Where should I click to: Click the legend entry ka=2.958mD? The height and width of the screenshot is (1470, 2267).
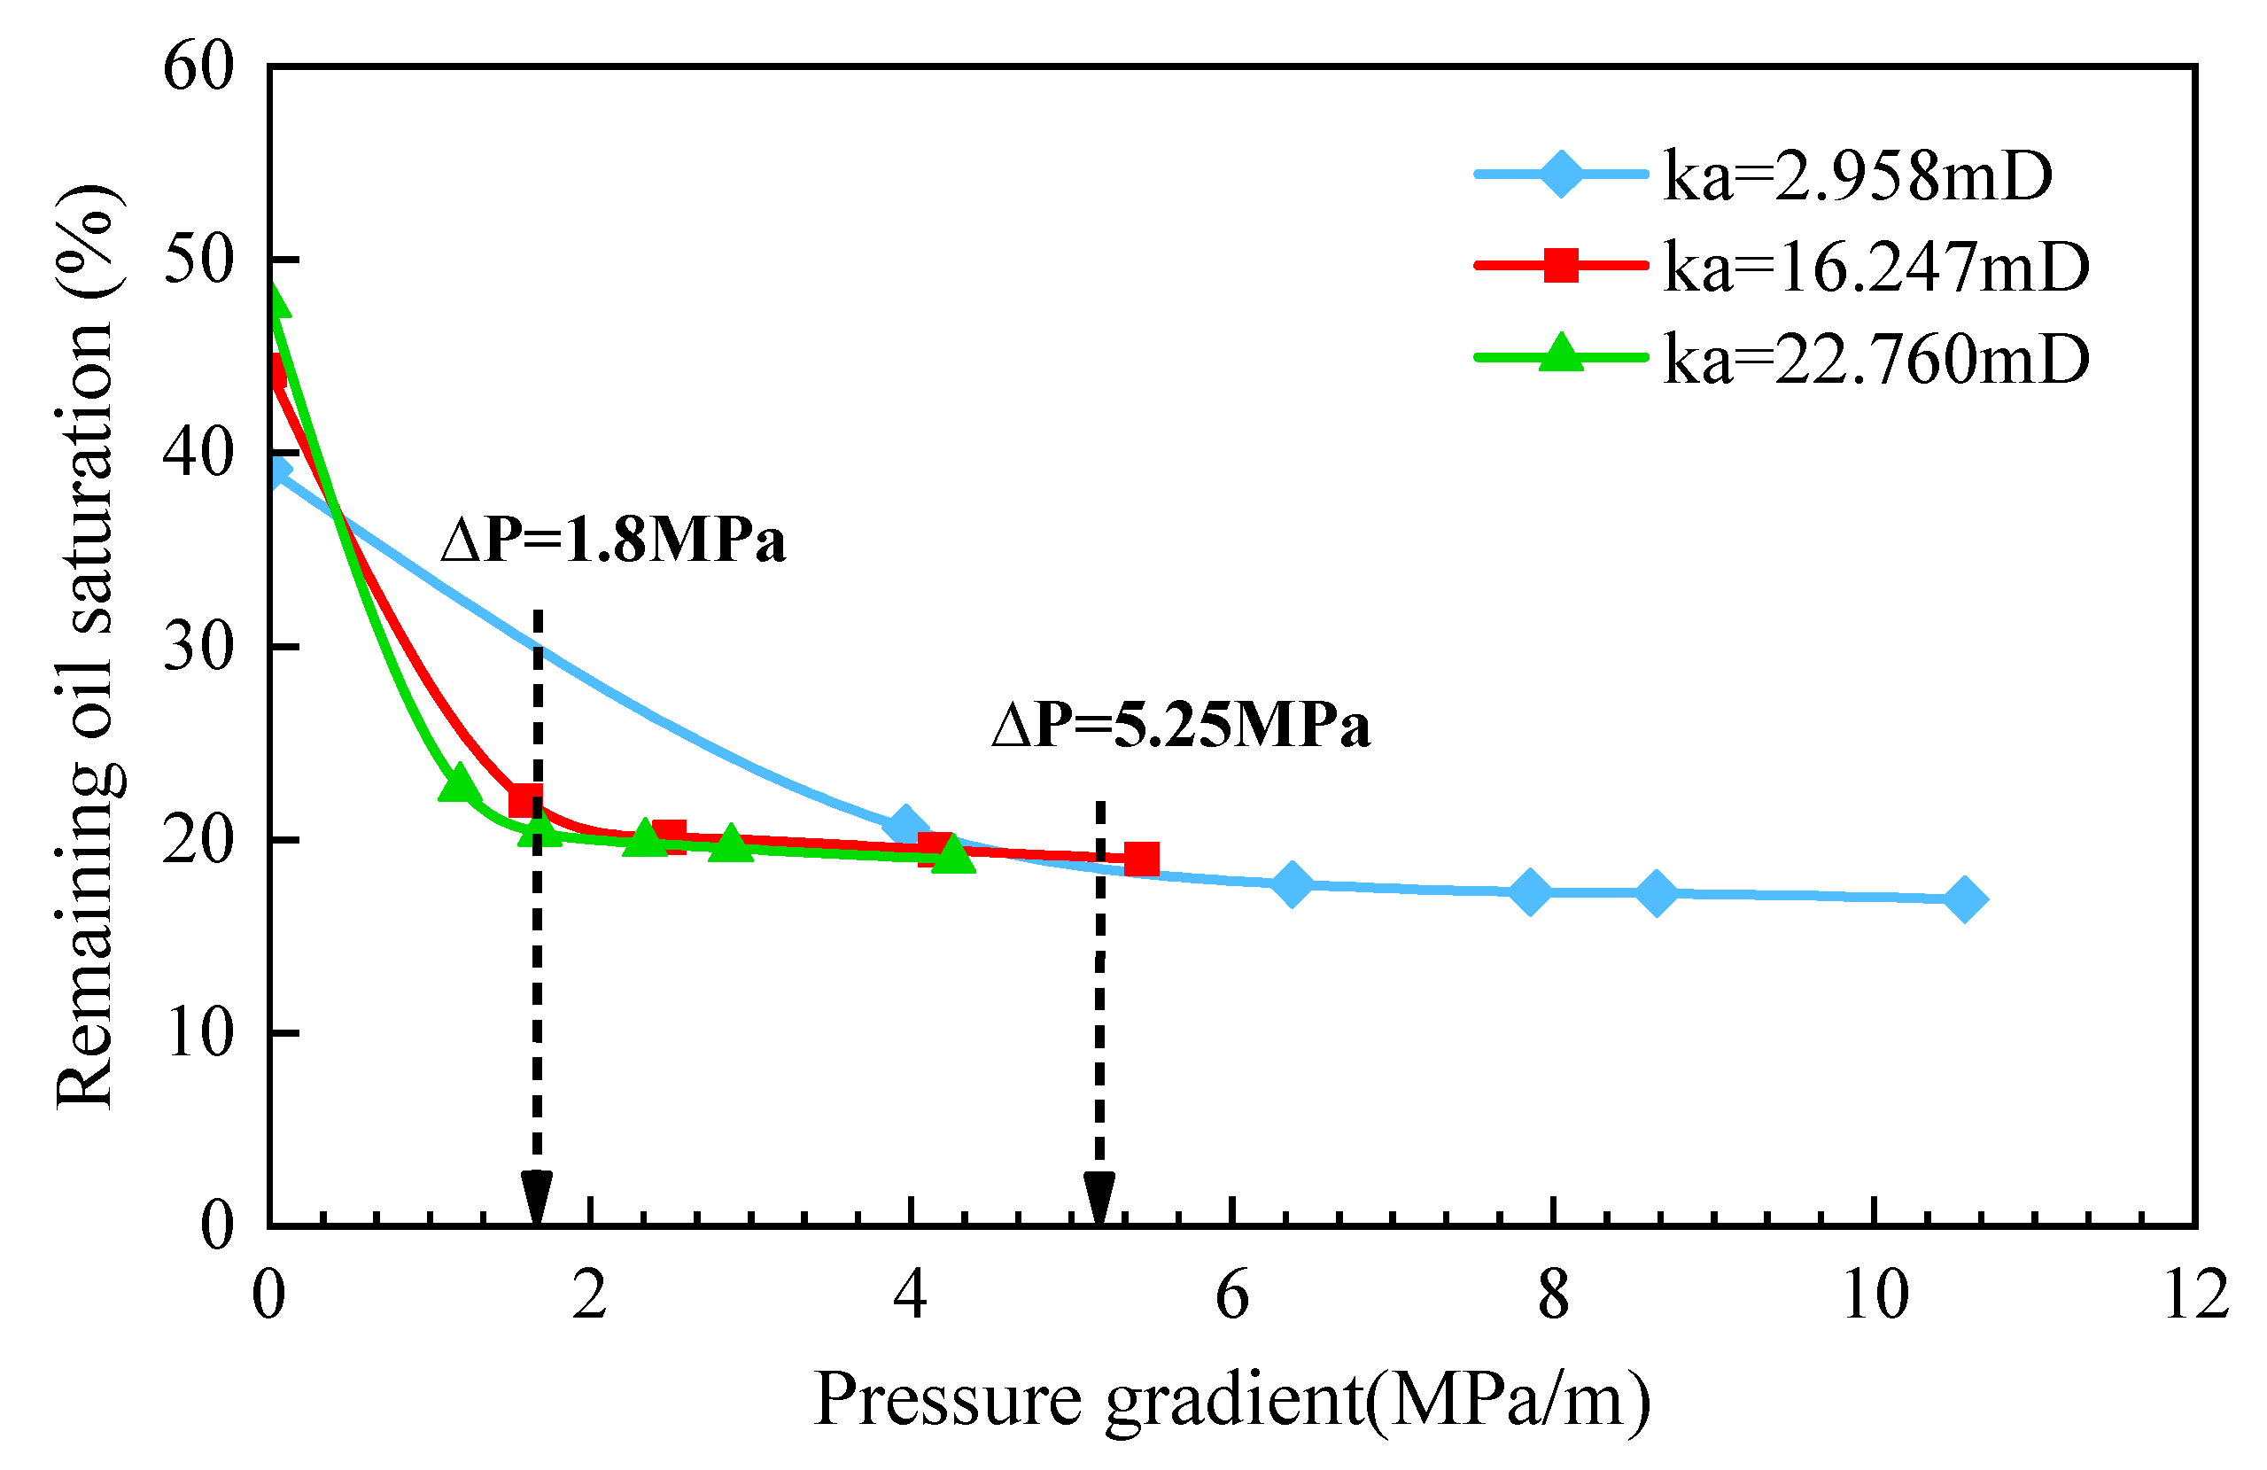[x=1858, y=175]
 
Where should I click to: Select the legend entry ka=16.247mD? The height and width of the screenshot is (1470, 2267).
[x=1876, y=267]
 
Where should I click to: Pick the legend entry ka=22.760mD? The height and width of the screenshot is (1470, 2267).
[x=1876, y=359]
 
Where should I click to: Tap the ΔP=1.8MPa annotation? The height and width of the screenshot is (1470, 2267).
[x=613, y=541]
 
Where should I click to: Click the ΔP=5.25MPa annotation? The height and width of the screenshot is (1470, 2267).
[x=1181, y=726]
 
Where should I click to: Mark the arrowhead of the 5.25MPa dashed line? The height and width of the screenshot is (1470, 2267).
[x=1099, y=1199]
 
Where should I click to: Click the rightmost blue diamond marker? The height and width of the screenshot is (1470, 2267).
[x=1964, y=898]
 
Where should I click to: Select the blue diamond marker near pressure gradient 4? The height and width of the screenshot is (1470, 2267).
[x=906, y=826]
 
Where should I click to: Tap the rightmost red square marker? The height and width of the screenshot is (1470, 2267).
[x=1141, y=859]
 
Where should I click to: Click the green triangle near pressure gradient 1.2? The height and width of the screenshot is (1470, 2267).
[x=459, y=783]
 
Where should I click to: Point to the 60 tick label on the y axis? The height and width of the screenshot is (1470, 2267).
[x=198, y=68]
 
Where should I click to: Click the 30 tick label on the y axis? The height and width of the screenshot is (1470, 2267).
[x=198, y=648]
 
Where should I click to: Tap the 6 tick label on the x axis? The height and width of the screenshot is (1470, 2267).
[x=1231, y=1295]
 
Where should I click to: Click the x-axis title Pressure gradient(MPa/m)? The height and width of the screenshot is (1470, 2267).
[x=1231, y=1401]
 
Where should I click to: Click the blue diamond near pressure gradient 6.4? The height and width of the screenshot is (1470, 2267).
[x=1292, y=884]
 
